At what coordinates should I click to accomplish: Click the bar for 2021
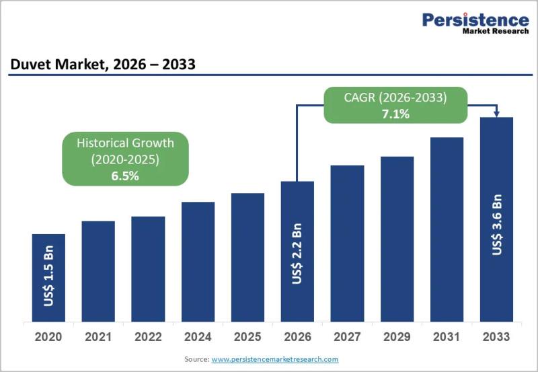click(98, 272)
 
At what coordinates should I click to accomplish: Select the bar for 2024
click(198, 262)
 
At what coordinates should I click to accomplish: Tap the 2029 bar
click(397, 239)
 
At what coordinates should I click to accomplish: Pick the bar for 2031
click(447, 229)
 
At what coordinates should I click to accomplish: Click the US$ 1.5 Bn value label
click(48, 276)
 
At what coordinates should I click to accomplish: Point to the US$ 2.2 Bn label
click(297, 254)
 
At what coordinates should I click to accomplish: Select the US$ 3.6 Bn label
click(497, 225)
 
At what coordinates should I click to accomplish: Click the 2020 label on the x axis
click(48, 337)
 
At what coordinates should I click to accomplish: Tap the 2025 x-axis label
click(247, 337)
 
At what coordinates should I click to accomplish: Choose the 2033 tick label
click(496, 337)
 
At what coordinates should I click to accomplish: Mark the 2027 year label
click(347, 337)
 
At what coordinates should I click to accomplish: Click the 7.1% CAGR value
click(395, 114)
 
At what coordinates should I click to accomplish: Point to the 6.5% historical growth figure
click(125, 176)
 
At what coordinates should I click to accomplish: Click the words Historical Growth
click(125, 143)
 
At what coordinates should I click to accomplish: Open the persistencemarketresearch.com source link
click(275, 359)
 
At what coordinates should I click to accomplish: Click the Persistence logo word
click(475, 20)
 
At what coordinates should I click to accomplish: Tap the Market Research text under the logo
click(496, 31)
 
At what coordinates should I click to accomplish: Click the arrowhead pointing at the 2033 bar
click(496, 114)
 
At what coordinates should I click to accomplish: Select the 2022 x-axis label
click(148, 337)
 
